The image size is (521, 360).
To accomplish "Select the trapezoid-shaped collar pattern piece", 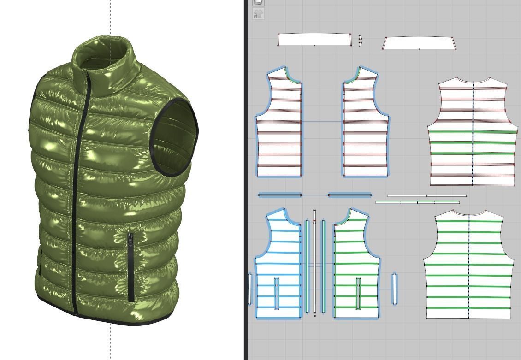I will [419, 43].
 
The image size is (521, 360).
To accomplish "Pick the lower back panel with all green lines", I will [468, 272].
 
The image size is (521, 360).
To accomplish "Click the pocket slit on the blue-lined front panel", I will [277, 294].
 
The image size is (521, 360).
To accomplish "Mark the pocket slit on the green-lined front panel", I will [358, 294].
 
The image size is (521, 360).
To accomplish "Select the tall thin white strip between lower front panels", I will [315, 263].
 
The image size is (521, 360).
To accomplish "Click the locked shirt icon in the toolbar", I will [258, 14].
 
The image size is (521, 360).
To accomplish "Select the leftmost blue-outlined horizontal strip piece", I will [279, 195].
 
